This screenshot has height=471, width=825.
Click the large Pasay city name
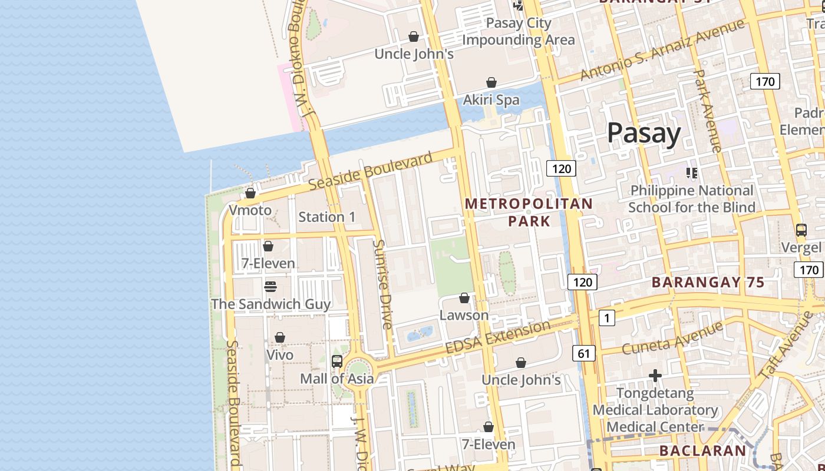click(x=643, y=133)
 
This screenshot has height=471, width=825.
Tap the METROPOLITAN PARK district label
click(x=529, y=213)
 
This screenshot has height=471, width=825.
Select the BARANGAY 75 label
click(x=708, y=282)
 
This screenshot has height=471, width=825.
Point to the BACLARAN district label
click(x=702, y=451)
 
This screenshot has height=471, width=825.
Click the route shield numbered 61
click(x=583, y=353)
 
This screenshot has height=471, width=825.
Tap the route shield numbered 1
click(x=606, y=318)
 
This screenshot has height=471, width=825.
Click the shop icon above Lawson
click(x=464, y=298)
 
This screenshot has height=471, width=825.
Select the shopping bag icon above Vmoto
click(x=250, y=193)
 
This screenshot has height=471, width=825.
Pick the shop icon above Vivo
click(x=280, y=338)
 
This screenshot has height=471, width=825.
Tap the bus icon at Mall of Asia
click(x=337, y=361)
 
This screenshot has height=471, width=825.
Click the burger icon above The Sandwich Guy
click(x=270, y=287)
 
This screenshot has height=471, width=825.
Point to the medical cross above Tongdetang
click(x=655, y=376)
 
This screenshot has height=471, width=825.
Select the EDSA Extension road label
click(x=498, y=337)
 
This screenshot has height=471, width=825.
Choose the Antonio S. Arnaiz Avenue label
click(x=662, y=50)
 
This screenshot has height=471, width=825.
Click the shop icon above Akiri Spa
click(x=491, y=82)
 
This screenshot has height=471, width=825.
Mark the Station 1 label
click(x=326, y=217)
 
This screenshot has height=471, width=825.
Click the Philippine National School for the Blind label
click(x=691, y=199)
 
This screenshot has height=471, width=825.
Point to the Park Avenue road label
click(x=707, y=111)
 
